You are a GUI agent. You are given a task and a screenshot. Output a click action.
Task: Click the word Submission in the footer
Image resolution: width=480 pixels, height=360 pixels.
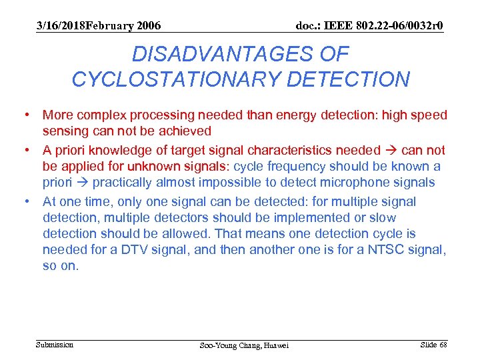tap(55, 345)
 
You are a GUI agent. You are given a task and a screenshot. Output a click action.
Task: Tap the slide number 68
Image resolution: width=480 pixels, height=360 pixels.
tap(443, 344)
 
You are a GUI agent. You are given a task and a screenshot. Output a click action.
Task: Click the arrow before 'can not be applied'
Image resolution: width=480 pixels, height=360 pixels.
tap(390, 151)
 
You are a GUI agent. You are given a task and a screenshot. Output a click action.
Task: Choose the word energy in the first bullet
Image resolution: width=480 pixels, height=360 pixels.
tap(293, 116)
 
